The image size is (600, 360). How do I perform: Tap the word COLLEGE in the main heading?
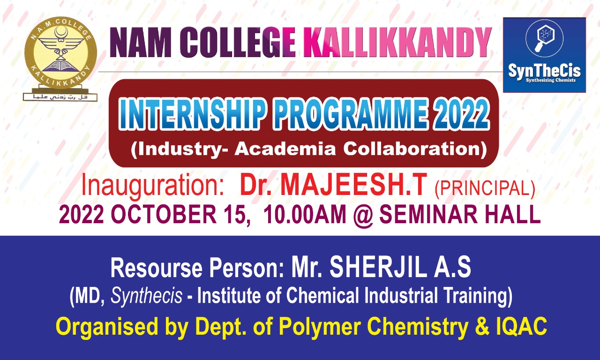pos(237,43)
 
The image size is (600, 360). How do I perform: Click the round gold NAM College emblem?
pos(60,53)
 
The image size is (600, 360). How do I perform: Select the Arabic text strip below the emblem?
pos(60,97)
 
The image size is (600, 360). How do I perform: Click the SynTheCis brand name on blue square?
pos(544,72)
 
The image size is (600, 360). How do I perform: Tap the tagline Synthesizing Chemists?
pos(551,80)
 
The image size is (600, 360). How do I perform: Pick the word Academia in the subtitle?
pos(285,149)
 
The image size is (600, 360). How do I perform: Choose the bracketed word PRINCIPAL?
pos(485,189)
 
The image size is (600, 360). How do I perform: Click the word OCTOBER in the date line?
pos(164,215)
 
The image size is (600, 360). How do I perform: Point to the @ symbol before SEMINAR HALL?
pos(363,215)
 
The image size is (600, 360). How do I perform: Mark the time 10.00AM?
pos(305,215)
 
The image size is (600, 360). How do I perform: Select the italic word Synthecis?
pos(147,296)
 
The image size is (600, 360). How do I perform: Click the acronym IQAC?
pos(522,326)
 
